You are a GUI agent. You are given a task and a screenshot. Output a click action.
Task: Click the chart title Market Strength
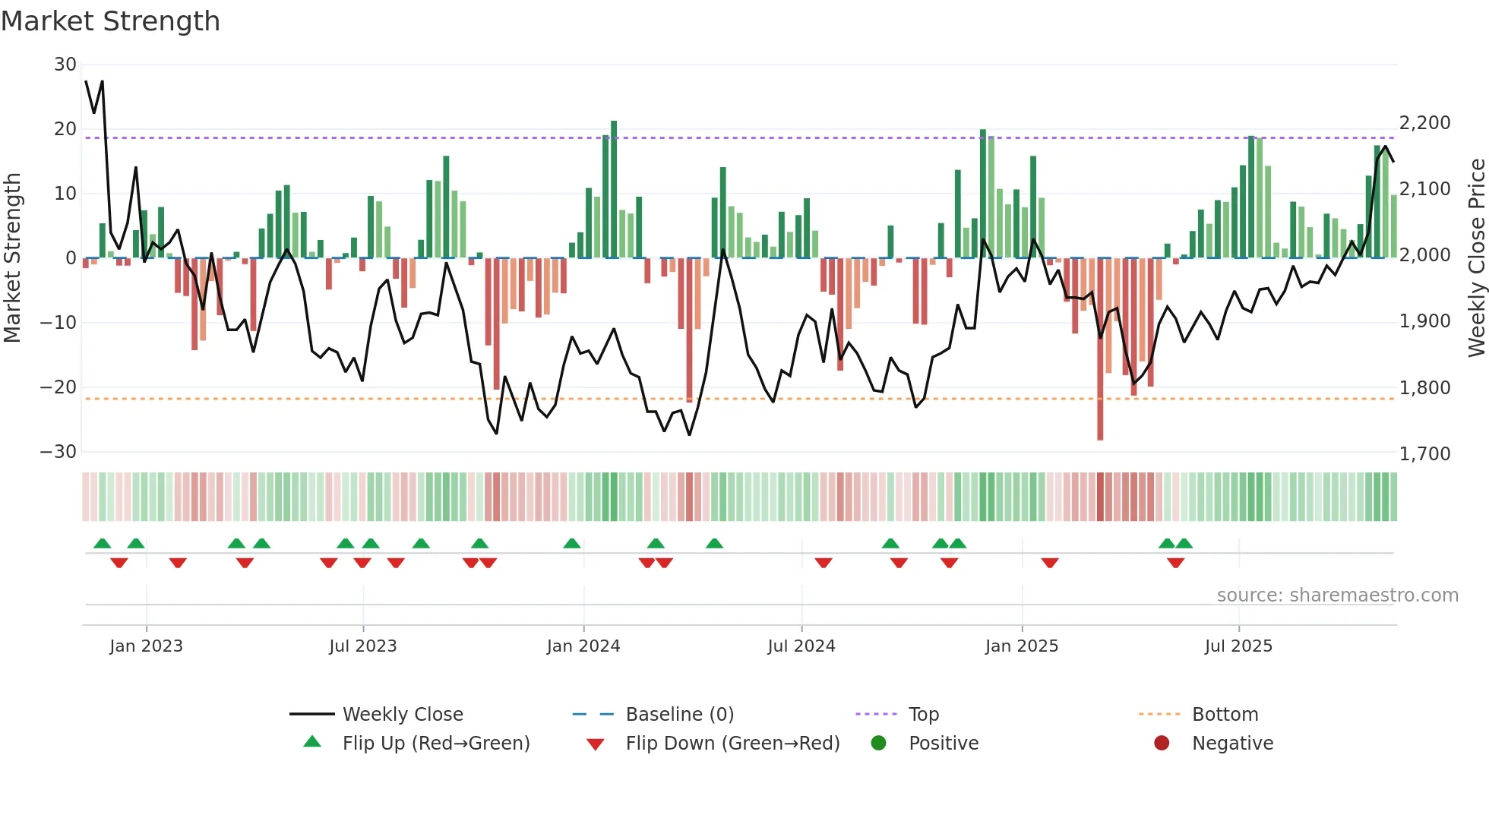110,21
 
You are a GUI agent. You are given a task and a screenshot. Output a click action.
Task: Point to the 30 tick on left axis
65,65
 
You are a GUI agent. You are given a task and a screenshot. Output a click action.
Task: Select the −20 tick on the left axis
58,387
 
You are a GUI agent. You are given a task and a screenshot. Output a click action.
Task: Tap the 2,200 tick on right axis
1424,123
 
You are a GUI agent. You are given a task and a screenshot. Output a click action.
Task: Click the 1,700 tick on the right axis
1424,454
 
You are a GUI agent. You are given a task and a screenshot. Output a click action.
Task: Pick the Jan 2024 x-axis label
583,646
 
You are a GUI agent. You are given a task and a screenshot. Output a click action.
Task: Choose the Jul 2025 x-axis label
1238,646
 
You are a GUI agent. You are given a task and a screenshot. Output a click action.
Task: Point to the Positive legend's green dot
879,743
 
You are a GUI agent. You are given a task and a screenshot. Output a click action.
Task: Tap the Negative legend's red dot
1162,743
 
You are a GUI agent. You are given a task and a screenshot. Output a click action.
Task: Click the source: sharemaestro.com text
1337,595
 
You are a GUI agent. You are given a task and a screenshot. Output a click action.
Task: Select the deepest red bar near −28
1100,349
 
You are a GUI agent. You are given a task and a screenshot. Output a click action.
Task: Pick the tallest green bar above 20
614,190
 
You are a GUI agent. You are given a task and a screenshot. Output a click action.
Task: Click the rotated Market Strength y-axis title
12,258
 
